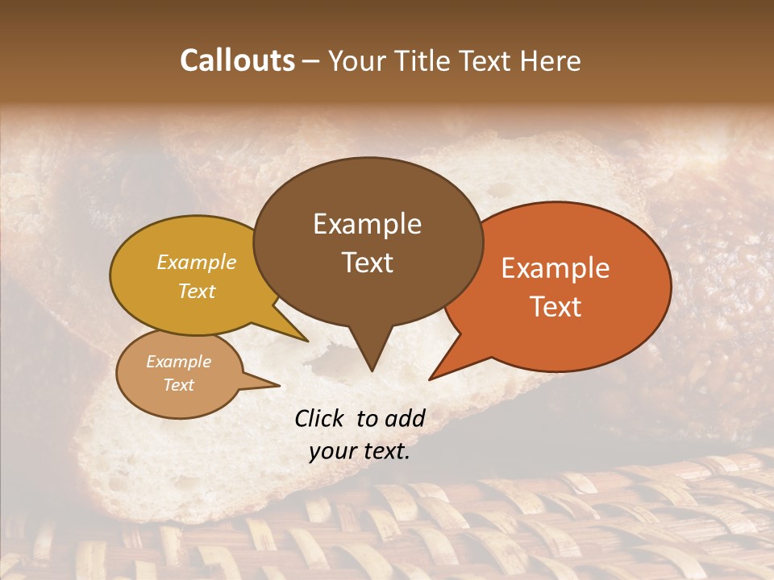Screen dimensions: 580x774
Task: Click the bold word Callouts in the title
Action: coord(237,60)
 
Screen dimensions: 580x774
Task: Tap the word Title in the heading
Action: coord(423,60)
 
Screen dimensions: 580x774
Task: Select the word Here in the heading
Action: coord(551,60)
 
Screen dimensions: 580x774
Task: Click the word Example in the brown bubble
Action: coord(367,224)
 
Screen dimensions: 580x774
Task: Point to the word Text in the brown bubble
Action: coord(367,263)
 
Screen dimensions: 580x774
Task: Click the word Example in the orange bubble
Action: coord(556,268)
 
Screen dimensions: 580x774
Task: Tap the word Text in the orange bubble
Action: coord(556,307)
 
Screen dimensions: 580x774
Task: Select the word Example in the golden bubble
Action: coord(196,262)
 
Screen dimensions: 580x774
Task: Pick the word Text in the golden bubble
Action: coord(196,291)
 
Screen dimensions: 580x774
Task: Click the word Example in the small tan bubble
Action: coord(178,362)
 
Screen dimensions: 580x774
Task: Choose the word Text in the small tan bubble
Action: coord(178,385)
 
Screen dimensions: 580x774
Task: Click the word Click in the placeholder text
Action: coord(320,418)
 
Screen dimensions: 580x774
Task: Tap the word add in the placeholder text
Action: coord(406,418)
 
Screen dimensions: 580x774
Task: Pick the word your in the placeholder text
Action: coord(331,451)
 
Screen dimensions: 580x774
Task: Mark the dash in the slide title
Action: coord(312,62)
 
